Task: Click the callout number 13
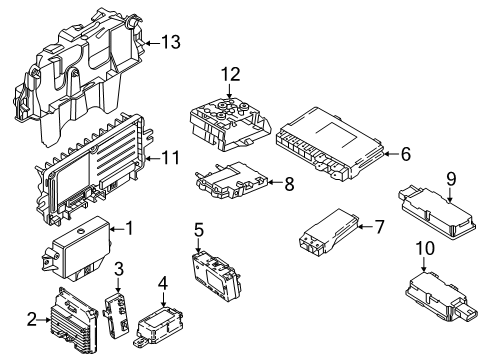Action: [173, 42]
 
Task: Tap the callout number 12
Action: [232, 73]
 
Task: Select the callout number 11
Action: [171, 157]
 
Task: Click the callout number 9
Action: [450, 179]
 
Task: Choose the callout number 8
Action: [289, 184]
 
